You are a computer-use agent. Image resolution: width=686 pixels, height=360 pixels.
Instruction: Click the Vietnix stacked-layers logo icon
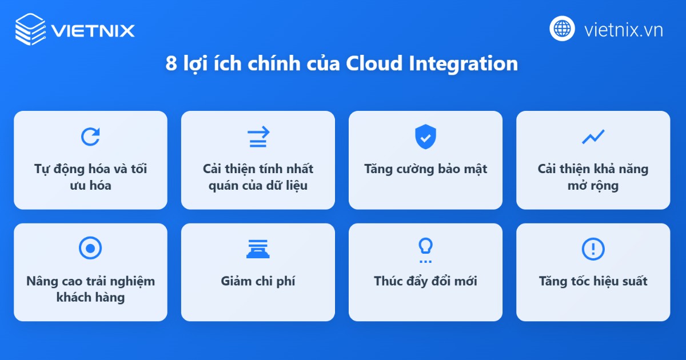[x=30, y=29]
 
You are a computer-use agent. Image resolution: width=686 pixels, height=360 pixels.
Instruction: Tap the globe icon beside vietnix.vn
[x=562, y=28]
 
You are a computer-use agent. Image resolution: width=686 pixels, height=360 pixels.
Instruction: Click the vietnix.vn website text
[x=623, y=29]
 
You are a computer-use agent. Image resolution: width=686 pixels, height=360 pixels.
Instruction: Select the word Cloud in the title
[x=374, y=63]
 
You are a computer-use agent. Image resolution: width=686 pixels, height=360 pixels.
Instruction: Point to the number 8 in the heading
[x=171, y=64]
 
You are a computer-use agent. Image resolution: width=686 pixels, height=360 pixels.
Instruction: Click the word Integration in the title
[x=464, y=64]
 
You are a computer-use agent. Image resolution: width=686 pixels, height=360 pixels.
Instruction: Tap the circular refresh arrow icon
[x=90, y=137]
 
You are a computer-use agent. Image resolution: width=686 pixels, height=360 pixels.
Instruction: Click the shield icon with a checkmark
[x=425, y=137]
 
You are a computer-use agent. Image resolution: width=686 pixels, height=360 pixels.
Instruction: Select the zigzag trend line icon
[x=593, y=137]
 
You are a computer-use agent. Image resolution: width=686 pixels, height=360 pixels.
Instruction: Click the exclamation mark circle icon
[x=593, y=249]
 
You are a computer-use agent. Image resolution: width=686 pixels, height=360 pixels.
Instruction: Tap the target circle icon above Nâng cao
[x=90, y=249]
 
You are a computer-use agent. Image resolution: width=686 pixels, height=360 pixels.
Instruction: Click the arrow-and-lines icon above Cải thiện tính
[x=258, y=137]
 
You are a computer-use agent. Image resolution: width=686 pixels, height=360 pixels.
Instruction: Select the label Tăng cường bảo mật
[x=425, y=169]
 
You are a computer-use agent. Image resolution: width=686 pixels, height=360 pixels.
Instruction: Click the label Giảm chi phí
[x=258, y=281]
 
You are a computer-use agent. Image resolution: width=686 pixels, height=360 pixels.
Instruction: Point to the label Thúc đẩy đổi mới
[x=425, y=281]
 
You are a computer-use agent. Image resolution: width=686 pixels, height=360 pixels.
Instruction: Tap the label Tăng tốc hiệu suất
[x=593, y=281]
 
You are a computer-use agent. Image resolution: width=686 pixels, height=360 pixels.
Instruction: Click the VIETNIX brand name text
[x=93, y=30]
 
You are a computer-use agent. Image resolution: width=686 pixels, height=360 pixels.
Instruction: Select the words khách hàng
[x=90, y=297]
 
